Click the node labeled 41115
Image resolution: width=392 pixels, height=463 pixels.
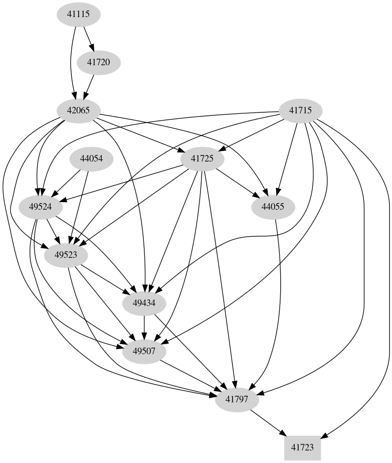(x=78, y=15)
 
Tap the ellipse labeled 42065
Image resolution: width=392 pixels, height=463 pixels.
(x=78, y=110)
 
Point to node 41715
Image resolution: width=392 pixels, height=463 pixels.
(x=300, y=110)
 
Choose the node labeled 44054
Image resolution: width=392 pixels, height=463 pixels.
(x=91, y=159)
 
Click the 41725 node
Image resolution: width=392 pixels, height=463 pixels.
(x=202, y=159)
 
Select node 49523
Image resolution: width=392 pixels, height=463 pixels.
(x=66, y=255)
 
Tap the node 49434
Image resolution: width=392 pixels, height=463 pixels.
(x=144, y=303)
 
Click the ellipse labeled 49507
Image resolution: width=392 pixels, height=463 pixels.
(x=144, y=351)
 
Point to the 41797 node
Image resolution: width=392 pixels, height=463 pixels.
(x=236, y=400)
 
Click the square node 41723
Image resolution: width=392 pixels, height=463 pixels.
(x=302, y=447)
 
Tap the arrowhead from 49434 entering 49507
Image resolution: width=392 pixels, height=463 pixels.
(x=144, y=336)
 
